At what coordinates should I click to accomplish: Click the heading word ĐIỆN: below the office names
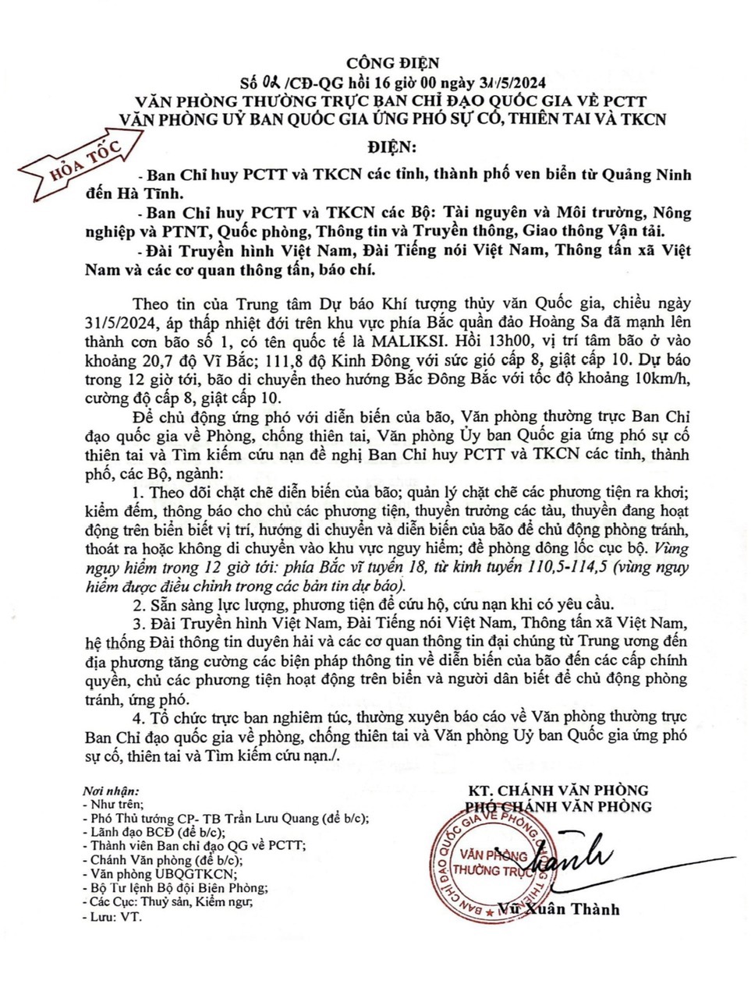pyautogui.click(x=392, y=147)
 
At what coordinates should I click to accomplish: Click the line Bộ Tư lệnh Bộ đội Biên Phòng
pyautogui.click(x=179, y=888)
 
